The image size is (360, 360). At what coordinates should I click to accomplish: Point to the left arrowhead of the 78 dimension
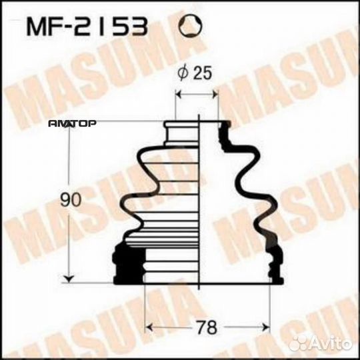pos(149,327)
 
